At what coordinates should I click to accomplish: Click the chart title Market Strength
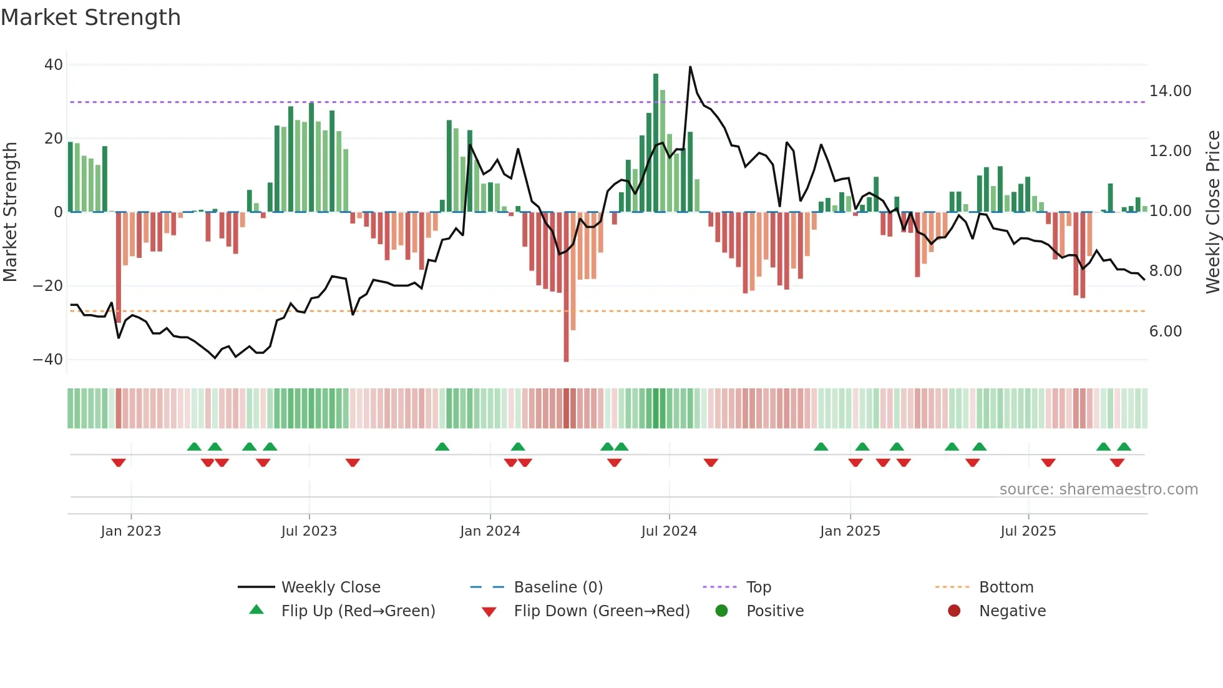(90, 17)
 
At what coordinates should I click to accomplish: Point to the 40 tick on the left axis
(54, 65)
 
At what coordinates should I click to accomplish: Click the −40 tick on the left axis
(48, 360)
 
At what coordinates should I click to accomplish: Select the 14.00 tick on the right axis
(1170, 91)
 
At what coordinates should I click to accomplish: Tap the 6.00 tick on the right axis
(1165, 332)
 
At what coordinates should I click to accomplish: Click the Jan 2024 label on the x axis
(490, 531)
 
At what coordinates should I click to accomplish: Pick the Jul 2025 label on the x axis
(1028, 531)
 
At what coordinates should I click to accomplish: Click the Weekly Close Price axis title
(1212, 212)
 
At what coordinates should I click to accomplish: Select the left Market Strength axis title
(11, 212)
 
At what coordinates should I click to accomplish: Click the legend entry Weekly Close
(330, 587)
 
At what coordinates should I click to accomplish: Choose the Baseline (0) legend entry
(558, 587)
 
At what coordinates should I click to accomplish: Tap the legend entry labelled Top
(758, 587)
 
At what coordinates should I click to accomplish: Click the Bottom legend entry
(1006, 587)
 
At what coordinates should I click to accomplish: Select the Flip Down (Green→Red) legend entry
(601, 611)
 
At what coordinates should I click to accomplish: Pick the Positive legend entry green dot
(721, 611)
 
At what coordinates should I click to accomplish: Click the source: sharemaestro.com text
(1098, 489)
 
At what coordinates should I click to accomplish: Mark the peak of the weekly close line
(690, 67)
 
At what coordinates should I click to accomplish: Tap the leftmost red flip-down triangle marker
(119, 463)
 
